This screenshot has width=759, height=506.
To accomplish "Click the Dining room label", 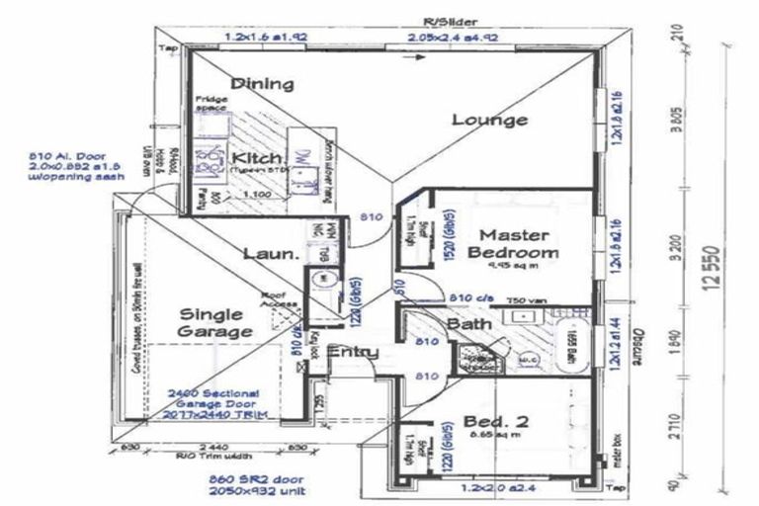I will coord(262,84).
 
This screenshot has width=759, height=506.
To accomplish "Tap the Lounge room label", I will coord(489,121).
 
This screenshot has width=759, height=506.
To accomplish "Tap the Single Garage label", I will coord(213,323).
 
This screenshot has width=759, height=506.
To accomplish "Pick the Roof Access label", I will coord(273,298).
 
